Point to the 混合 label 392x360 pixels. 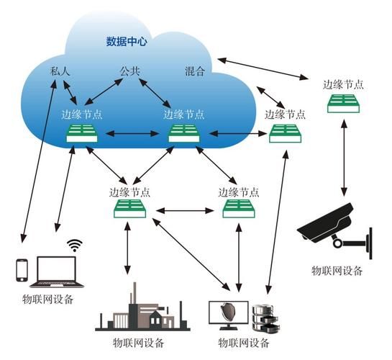tap(195, 71)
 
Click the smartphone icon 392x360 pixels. tap(22, 270)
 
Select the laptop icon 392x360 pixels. tap(55, 271)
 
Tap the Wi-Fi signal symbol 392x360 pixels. tap(74, 246)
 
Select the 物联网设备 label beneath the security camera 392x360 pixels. tap(337, 271)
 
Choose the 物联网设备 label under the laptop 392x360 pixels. tap(47, 299)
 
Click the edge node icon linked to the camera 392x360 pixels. tap(342, 104)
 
